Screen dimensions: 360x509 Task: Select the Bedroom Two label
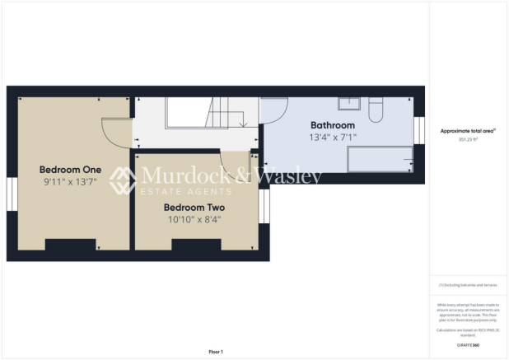193,208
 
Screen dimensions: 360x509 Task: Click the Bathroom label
332,125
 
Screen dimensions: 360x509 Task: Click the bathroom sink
350,103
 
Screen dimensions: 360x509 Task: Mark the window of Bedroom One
12,196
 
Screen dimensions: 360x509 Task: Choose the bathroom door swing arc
274,113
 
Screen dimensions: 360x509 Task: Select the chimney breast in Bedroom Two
196,244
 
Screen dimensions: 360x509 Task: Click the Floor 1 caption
216,352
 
